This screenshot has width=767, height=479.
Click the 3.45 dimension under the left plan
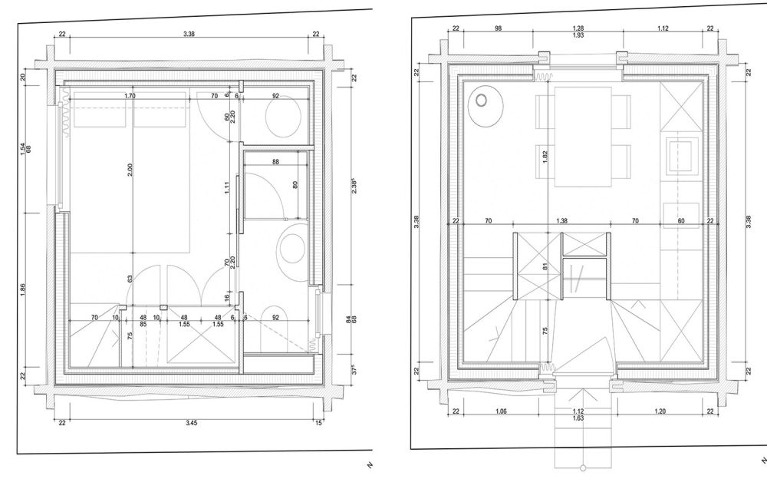point(191,423)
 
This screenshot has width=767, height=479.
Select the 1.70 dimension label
point(130,96)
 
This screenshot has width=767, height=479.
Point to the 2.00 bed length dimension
point(130,170)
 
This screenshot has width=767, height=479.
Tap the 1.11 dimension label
point(227,187)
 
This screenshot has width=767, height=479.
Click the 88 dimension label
point(276,162)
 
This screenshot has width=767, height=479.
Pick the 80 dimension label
point(295,185)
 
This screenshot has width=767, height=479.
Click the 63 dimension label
point(130,279)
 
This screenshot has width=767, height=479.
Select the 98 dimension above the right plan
point(498,28)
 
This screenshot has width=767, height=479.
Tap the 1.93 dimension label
point(578,35)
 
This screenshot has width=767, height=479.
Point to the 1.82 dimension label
point(545,157)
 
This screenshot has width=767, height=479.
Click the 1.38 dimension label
point(562,221)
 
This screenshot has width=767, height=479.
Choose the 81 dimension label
point(545,266)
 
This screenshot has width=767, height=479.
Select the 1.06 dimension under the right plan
point(501,411)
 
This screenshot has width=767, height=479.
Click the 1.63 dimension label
point(578,418)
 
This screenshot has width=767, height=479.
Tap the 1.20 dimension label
point(660,411)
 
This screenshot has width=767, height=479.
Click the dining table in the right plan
point(583,137)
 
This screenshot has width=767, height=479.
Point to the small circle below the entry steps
point(583,467)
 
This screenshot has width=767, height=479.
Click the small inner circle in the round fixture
point(482,101)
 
